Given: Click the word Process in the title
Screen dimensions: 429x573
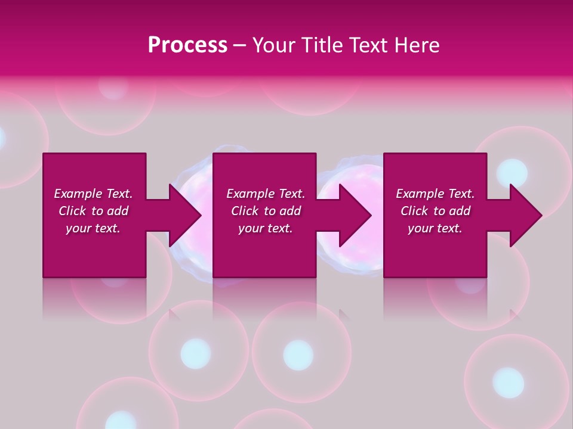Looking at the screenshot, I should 187,45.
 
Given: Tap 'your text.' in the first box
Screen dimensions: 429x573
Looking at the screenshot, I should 93,228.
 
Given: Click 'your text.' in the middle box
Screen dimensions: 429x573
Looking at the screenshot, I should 265,228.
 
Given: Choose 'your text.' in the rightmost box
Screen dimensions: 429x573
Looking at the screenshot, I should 435,228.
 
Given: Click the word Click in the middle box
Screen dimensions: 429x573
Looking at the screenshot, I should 244,211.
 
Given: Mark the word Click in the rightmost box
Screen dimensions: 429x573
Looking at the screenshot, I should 414,211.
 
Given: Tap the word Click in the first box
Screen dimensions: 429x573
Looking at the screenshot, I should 72,211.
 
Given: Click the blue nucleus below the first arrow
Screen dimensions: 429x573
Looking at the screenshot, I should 195,353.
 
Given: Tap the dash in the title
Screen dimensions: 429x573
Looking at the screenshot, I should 239,45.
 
